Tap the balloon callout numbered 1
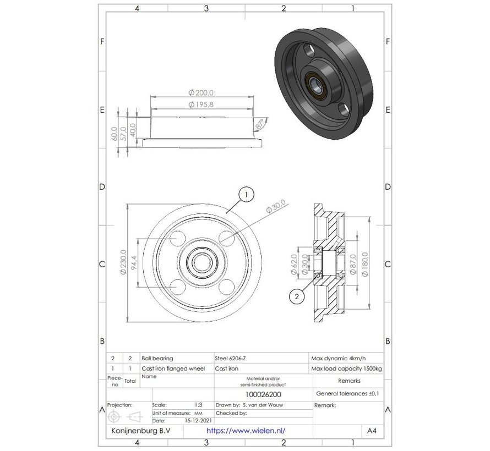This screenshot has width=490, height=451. pos(247,194)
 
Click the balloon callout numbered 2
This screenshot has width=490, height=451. pos(297,297)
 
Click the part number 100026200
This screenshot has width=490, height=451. pos(263,394)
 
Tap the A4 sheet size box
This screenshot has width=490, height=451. pos(372,431)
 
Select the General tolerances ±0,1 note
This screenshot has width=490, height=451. pos(347,394)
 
